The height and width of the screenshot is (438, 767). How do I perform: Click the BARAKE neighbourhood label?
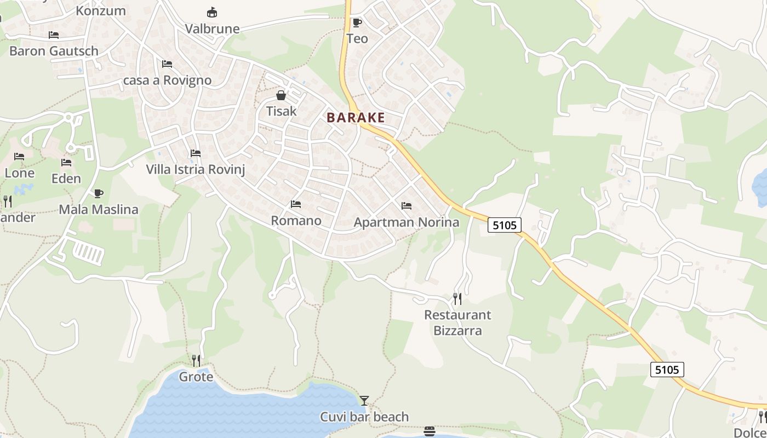tap(356, 117)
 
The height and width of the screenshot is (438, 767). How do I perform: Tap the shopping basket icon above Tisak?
tap(281, 96)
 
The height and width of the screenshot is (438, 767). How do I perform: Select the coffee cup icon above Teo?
tap(357, 22)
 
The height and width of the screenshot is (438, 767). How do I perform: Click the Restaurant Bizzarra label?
tap(457, 322)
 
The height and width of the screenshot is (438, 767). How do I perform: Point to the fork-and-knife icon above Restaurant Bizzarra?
tap(457, 299)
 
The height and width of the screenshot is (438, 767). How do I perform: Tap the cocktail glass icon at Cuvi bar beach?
tap(364, 401)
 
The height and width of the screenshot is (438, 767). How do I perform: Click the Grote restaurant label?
tap(196, 377)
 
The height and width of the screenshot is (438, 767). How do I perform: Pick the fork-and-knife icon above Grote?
tap(196, 360)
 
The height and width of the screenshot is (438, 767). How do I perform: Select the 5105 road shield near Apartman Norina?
tap(504, 224)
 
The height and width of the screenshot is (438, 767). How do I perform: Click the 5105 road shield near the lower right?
tap(667, 370)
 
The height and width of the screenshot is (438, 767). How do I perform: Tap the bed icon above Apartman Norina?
tap(406, 206)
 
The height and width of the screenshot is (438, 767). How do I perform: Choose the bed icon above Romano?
tap(296, 204)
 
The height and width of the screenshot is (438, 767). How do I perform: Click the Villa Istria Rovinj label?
tap(195, 169)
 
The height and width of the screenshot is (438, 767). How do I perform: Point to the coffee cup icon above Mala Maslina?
tap(98, 193)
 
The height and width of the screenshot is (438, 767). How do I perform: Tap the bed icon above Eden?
tap(66, 163)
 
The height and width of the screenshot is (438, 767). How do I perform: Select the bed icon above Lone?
tap(19, 157)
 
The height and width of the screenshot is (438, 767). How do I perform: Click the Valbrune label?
tap(212, 28)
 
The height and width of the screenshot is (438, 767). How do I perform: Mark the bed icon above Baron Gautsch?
tap(54, 35)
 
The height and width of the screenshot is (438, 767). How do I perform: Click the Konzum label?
tap(100, 10)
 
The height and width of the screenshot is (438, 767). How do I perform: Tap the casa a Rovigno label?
tap(167, 80)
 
